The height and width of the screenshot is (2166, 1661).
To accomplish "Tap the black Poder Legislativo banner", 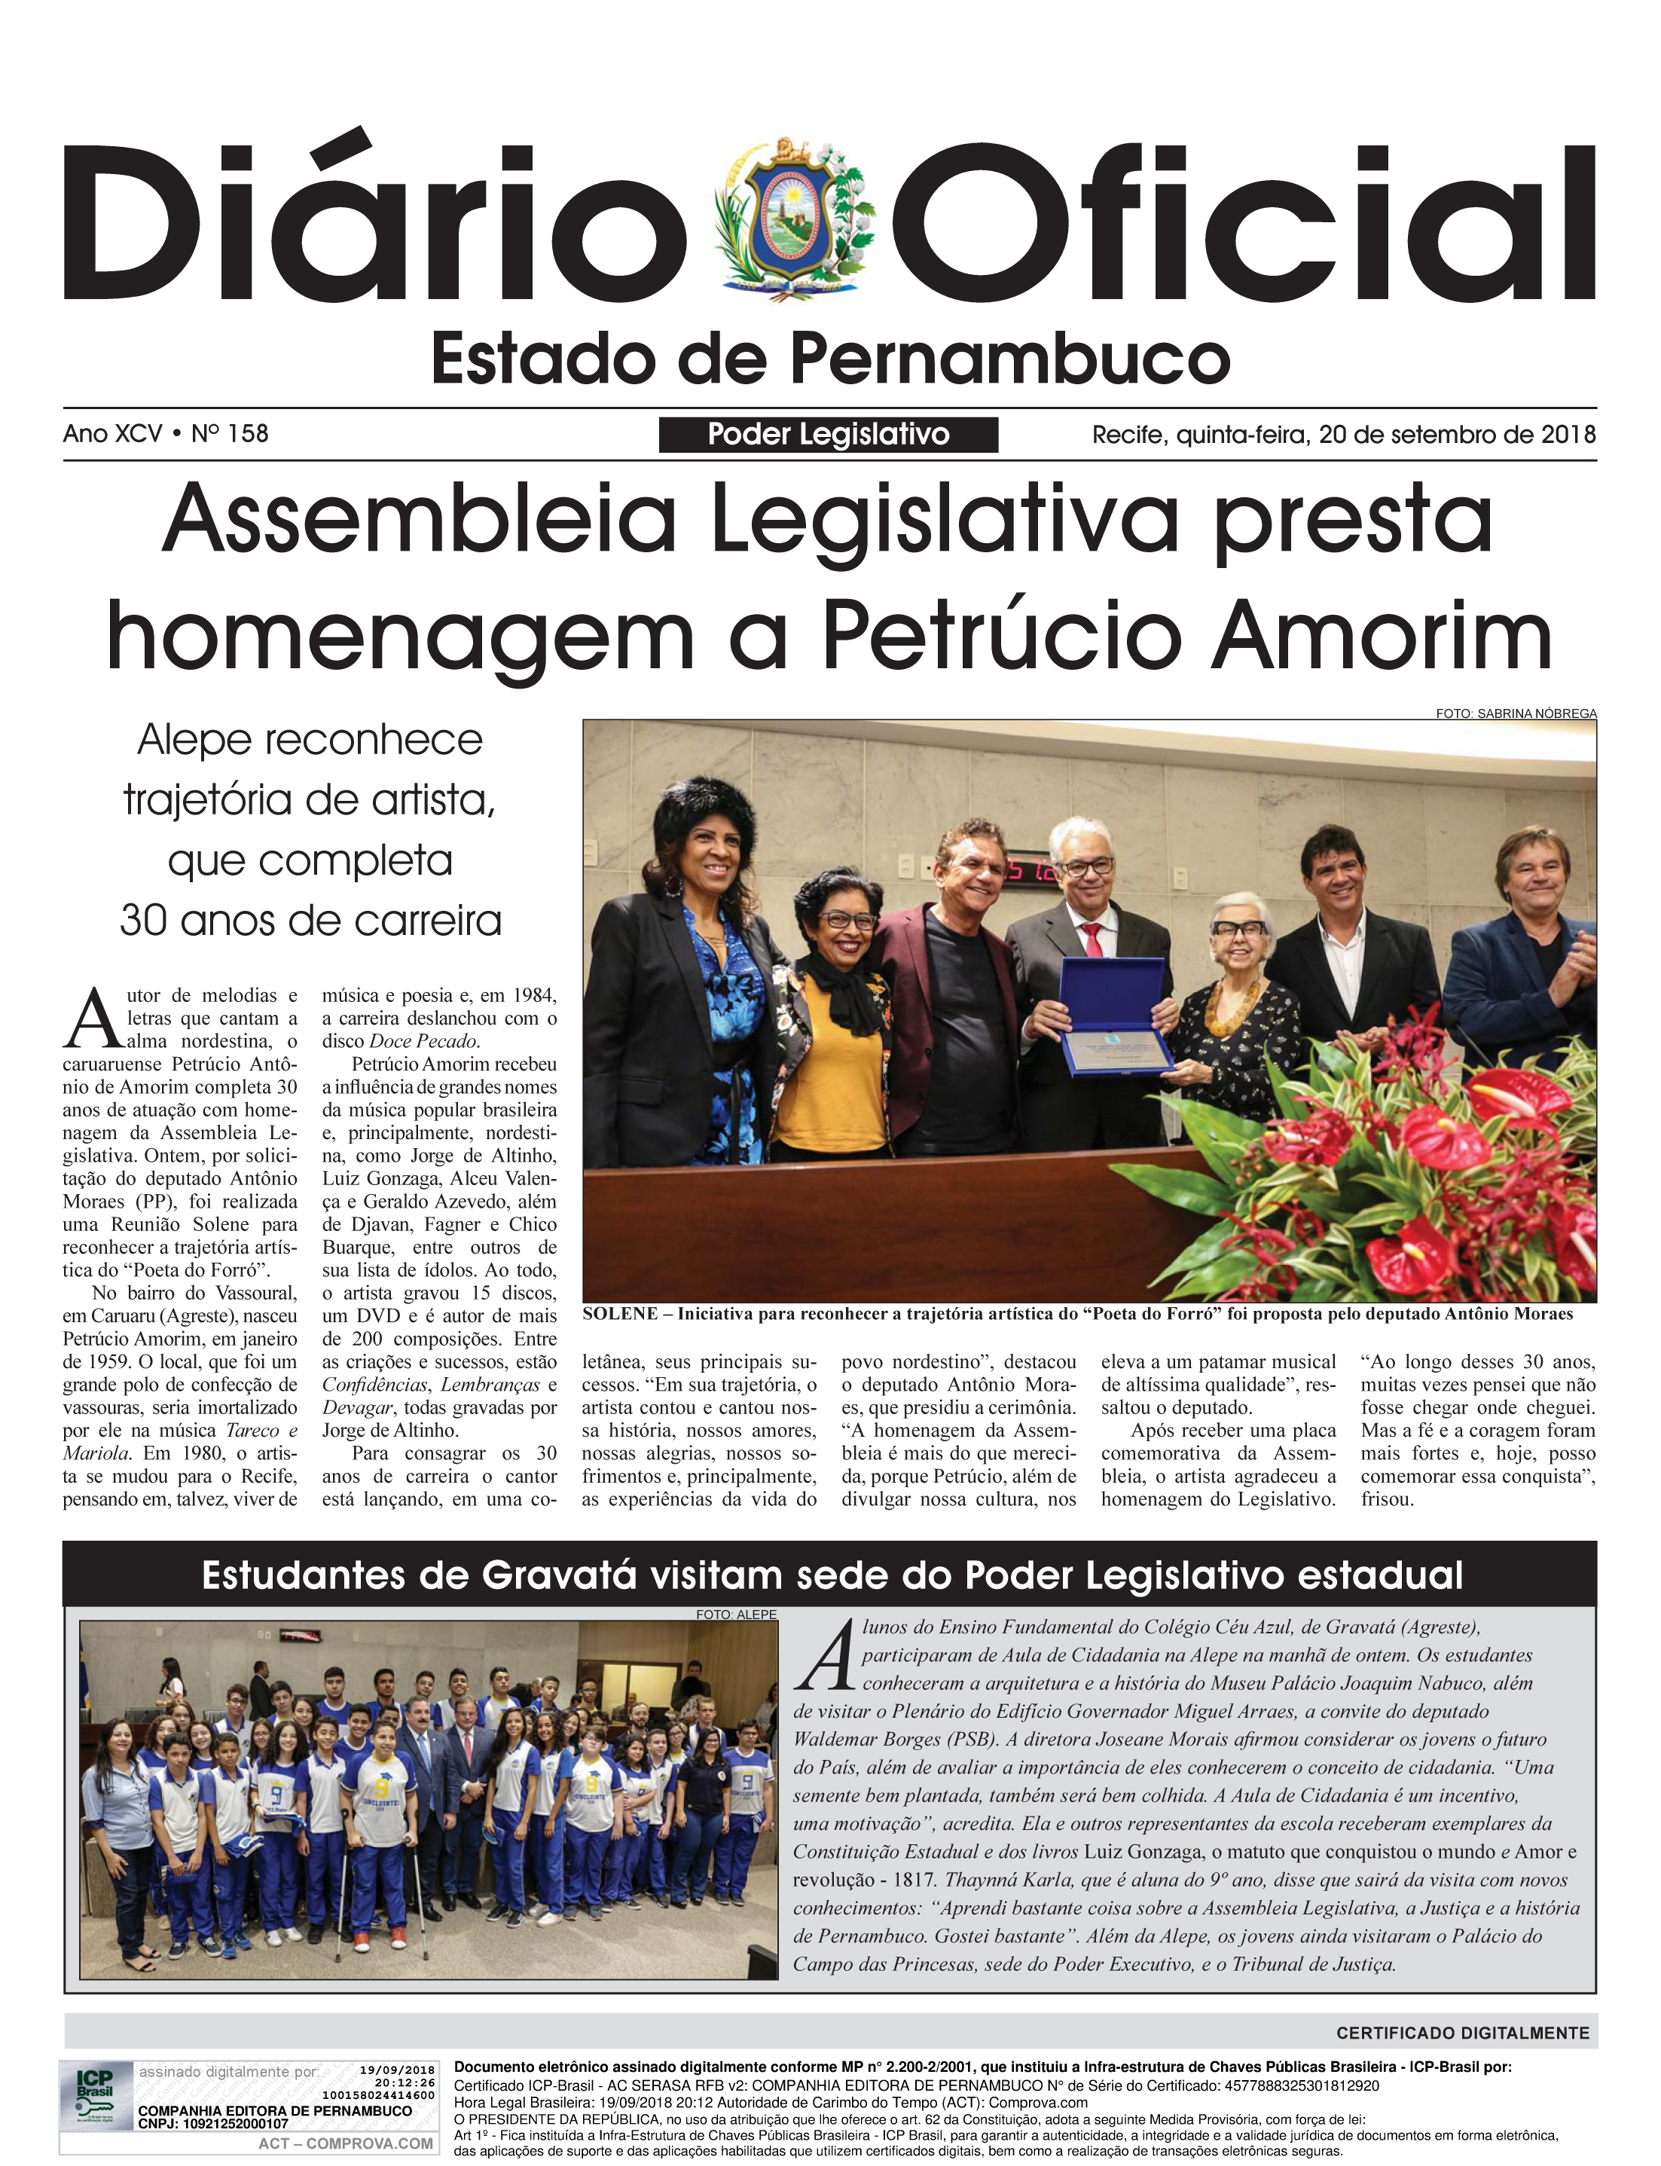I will [x=828, y=435].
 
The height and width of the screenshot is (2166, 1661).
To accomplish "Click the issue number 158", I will [x=247, y=434].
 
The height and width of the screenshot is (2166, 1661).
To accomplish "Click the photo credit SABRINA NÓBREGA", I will [x=1537, y=713].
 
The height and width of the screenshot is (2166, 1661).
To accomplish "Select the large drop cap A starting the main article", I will [x=92, y=1019].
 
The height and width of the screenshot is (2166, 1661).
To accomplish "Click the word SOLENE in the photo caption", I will [x=620, y=1314].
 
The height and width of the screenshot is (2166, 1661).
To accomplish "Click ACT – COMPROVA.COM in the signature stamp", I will [x=345, y=2143].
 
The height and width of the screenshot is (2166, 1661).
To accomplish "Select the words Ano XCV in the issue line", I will [x=111, y=434].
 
